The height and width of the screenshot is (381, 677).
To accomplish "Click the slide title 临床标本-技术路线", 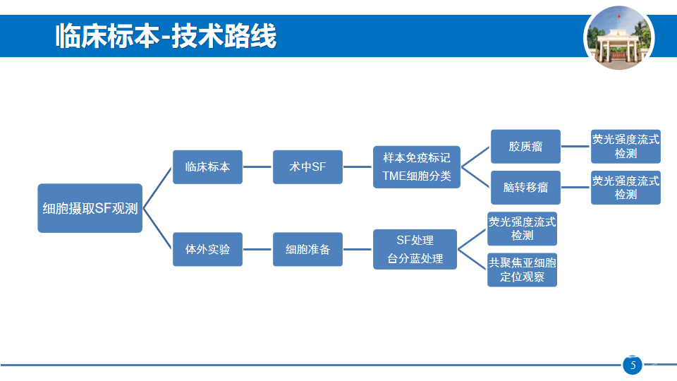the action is coord(166,36).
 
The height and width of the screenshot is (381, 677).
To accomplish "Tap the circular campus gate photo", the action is coord(618,38).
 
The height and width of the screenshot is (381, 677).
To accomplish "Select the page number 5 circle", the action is coord(633,365).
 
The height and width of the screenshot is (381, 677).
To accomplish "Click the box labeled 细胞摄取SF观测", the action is coord(90,208).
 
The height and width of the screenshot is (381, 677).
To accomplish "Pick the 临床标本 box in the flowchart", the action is coord(207,167).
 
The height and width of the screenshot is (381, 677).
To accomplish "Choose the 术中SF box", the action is coord(308,167).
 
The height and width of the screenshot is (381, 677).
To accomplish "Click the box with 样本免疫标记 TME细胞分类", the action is coord(417,167).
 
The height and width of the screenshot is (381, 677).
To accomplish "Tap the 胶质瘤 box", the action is coord(525,147).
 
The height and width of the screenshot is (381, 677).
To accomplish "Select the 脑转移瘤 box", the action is coord(525,188).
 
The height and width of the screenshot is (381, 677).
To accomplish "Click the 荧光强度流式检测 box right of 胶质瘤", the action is coord(626,147).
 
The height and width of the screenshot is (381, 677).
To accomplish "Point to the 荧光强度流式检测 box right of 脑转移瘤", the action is coord(626,188).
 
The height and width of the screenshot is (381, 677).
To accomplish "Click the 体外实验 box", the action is coord(207,249).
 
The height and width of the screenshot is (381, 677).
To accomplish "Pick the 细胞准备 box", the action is coord(308,249).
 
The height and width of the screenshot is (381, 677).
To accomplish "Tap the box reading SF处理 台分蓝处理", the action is coord(415,249).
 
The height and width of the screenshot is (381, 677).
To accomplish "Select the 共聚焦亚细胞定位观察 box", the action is coord(522,270).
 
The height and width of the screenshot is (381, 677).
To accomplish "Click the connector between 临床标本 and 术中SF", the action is coord(258,167).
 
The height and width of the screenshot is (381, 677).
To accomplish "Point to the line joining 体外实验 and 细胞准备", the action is coord(258,249).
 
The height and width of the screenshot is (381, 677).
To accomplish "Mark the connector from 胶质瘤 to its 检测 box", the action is coord(575,147).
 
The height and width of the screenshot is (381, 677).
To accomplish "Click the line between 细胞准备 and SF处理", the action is coord(358,249).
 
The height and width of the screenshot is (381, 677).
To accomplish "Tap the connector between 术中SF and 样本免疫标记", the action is coord(358,167).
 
